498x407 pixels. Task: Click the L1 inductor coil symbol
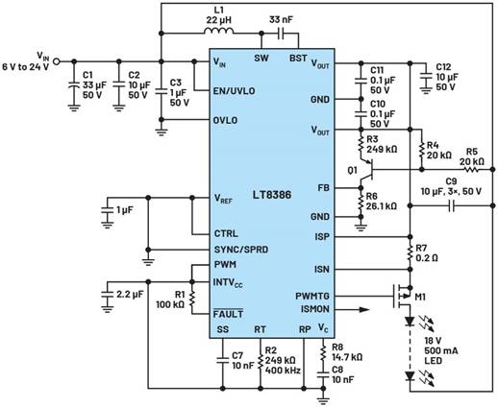click(219, 31)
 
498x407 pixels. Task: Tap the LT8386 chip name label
click(272, 195)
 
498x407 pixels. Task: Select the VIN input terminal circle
click(56, 61)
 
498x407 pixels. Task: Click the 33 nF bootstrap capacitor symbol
click(281, 34)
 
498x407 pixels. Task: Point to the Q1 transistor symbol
click(366, 170)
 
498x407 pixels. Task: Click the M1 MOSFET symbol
click(403, 296)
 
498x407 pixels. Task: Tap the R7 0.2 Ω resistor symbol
click(410, 252)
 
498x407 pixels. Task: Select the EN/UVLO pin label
click(234, 91)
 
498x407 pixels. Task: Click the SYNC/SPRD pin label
click(241, 250)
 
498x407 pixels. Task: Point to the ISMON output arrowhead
click(364, 309)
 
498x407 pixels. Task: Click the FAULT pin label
click(228, 314)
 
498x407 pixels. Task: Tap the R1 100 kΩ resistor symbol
click(192, 298)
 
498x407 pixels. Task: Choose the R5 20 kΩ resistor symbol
click(472, 169)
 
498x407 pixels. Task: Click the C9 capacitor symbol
click(452, 205)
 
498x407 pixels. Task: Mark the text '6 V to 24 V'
click(26, 67)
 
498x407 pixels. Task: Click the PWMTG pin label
click(312, 297)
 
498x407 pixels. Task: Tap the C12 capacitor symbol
click(426, 77)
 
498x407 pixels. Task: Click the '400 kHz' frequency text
click(283, 371)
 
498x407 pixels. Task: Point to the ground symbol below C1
click(74, 108)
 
